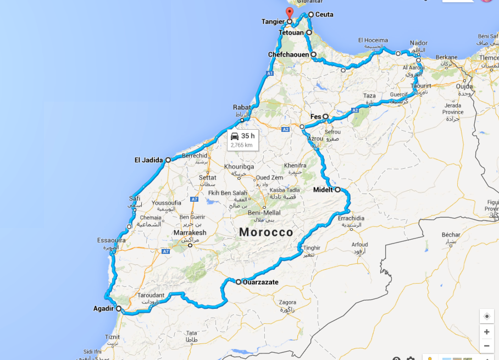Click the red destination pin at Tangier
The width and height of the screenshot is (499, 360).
click(x=290, y=13)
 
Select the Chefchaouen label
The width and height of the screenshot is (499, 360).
click(x=289, y=55)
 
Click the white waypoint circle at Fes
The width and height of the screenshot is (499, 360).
click(x=325, y=117)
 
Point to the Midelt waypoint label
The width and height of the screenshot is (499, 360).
click(x=323, y=190)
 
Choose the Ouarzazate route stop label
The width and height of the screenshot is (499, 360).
click(x=260, y=283)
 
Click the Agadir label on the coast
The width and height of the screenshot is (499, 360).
click(x=103, y=308)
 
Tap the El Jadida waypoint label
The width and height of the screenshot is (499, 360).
click(x=148, y=160)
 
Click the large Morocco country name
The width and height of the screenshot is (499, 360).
click(x=266, y=232)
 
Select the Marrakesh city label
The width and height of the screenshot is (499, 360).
click(x=190, y=233)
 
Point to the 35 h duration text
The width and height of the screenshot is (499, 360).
click(x=248, y=136)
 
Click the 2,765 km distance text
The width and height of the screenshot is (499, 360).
click(x=242, y=145)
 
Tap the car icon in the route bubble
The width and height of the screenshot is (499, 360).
click(x=235, y=136)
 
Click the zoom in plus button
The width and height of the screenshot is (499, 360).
click(x=486, y=332)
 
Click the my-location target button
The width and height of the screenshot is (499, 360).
click(x=486, y=317)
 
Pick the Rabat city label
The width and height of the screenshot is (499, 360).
click(x=242, y=108)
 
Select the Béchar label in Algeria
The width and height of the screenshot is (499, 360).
click(x=451, y=235)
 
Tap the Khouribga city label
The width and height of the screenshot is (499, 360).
click(x=238, y=165)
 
